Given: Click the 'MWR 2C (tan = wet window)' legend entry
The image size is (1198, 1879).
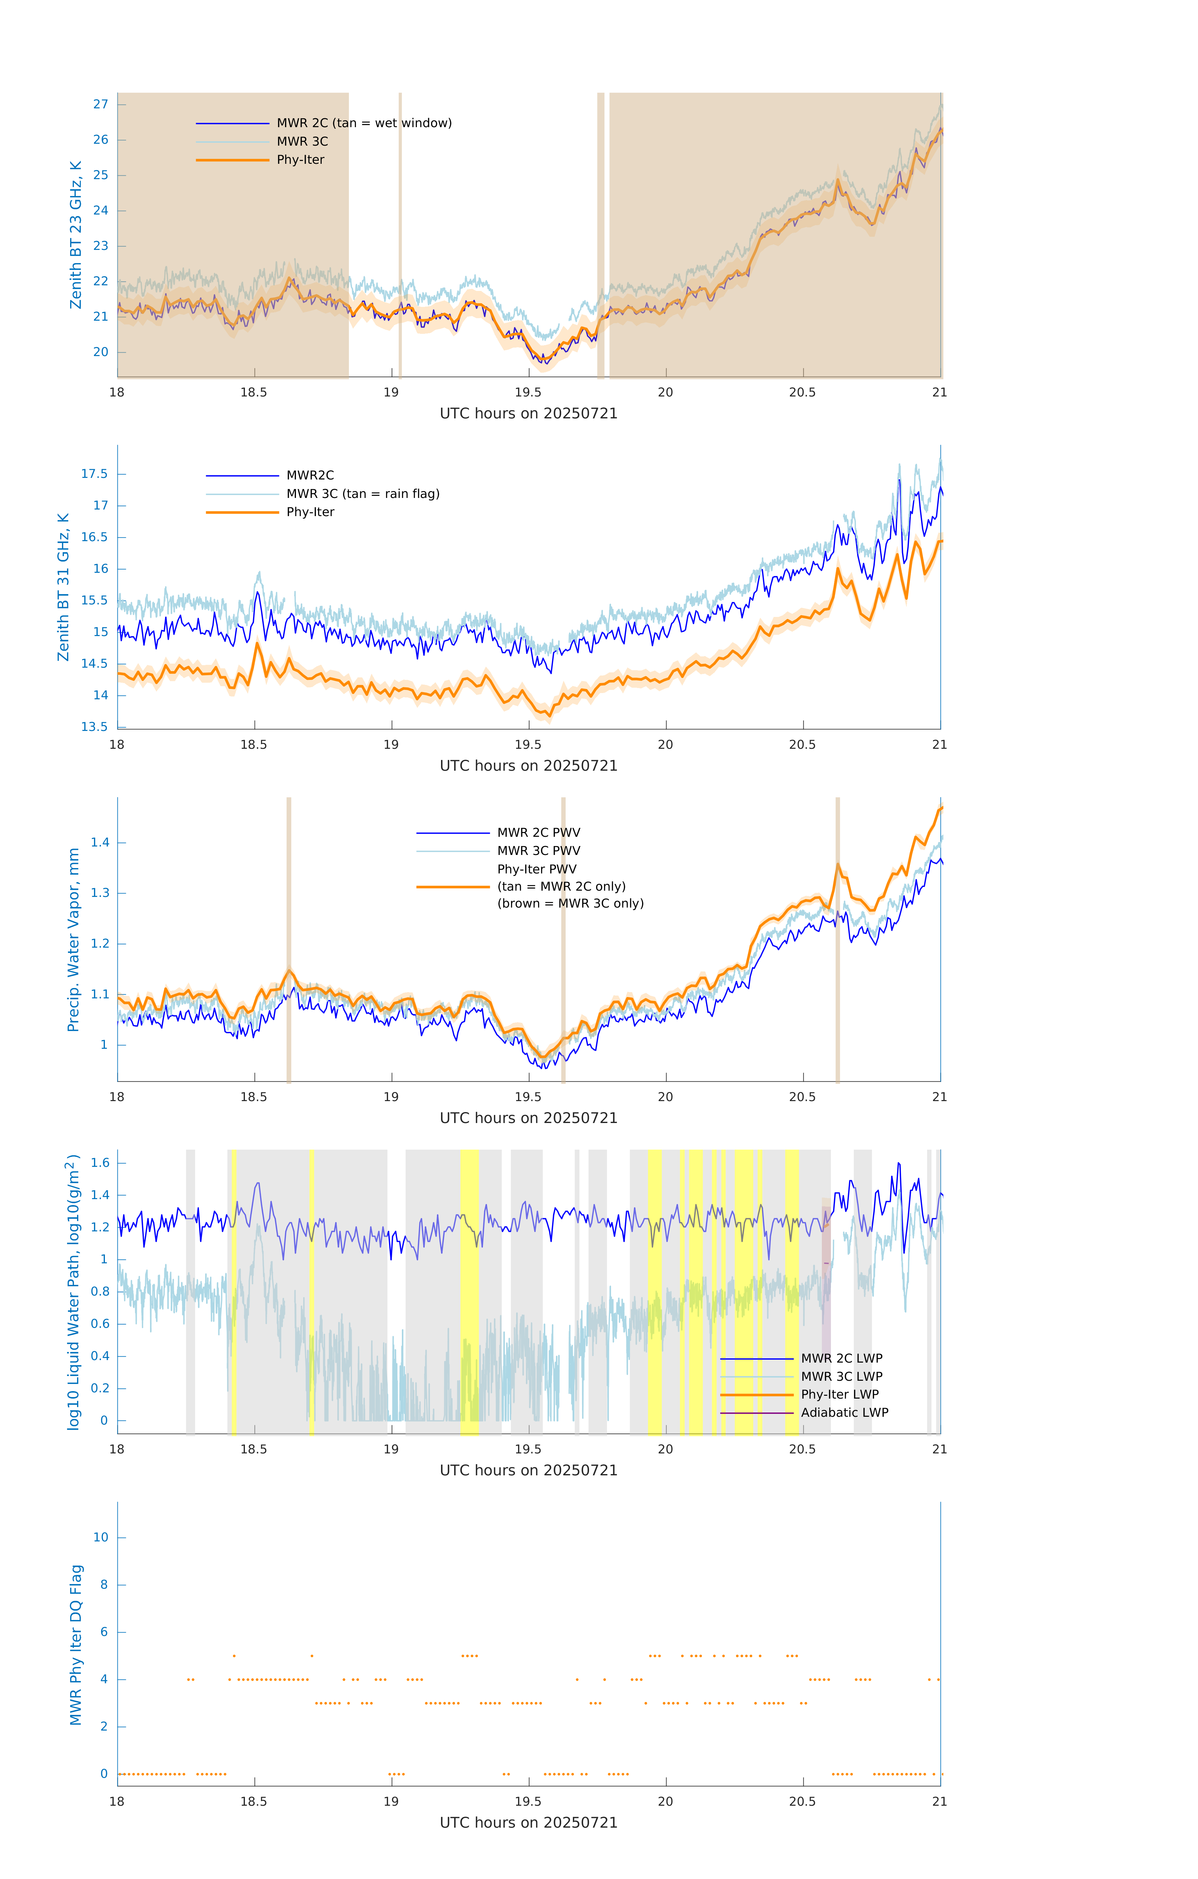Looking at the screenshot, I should pyautogui.click(x=364, y=123).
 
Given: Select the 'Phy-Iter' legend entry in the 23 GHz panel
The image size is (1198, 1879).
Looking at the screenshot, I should pyautogui.click(x=300, y=160).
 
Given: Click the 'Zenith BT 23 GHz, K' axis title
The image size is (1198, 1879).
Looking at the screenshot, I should pyautogui.click(x=76, y=235).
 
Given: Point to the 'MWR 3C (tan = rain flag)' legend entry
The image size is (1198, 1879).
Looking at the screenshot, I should pyautogui.click(x=363, y=494).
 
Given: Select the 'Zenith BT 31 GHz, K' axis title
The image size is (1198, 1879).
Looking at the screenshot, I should pyautogui.click(x=63, y=587).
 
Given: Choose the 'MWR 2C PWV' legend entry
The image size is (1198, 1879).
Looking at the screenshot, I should pyautogui.click(x=538, y=833).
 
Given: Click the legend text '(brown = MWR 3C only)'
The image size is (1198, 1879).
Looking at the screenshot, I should pyautogui.click(x=571, y=903).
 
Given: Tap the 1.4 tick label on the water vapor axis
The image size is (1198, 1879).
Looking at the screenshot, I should pyautogui.click(x=100, y=843).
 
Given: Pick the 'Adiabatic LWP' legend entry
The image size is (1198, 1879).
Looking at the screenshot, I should pyautogui.click(x=844, y=1412).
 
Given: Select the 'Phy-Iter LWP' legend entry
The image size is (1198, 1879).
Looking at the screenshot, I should pyautogui.click(x=840, y=1395).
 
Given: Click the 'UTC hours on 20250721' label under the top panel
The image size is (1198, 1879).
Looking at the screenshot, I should pyautogui.click(x=528, y=414).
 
